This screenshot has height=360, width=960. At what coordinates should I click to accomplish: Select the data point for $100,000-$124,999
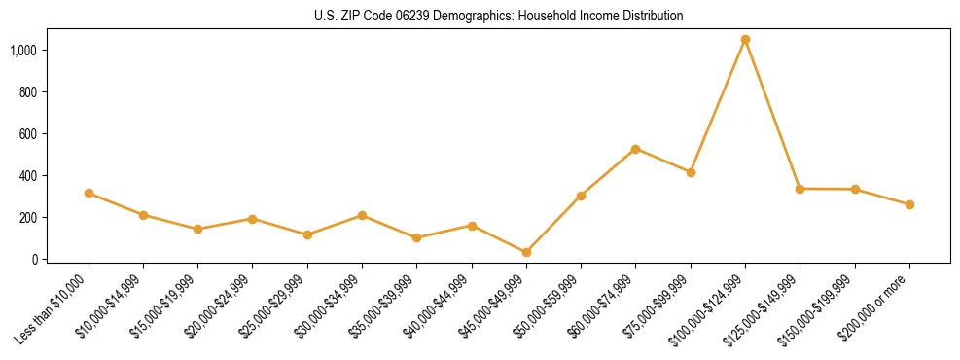pyautogui.click(x=745, y=40)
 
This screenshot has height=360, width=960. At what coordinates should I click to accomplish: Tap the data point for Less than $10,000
pyautogui.click(x=89, y=194)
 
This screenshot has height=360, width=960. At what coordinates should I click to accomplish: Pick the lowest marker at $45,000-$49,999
pyautogui.click(x=526, y=253)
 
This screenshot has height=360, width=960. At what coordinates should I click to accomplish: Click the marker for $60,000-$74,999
pyautogui.click(x=635, y=149)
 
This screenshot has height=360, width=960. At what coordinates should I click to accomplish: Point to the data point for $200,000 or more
pyautogui.click(x=909, y=205)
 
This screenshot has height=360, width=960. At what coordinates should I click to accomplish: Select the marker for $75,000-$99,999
pyautogui.click(x=691, y=172)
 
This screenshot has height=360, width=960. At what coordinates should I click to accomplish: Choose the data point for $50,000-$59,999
pyautogui.click(x=581, y=196)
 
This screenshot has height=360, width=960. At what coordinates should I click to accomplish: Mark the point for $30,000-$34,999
pyautogui.click(x=362, y=215)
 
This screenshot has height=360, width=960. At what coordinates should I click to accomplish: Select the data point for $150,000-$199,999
pyautogui.click(x=855, y=190)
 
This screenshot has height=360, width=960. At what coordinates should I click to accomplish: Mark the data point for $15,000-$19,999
pyautogui.click(x=198, y=230)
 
